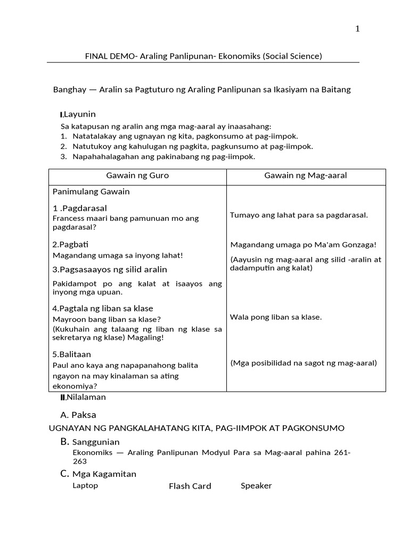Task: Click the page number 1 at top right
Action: pyautogui.click(x=358, y=29)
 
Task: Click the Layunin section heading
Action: pyautogui.click(x=79, y=114)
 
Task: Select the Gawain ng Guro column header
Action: pyautogui.click(x=137, y=176)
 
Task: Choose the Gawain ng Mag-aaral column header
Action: pyautogui.click(x=305, y=176)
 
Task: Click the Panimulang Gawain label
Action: pyautogui.click(x=91, y=192)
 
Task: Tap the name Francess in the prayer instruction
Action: pyautogui.click(x=68, y=218)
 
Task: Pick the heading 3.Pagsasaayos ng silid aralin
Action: pyautogui.click(x=110, y=269)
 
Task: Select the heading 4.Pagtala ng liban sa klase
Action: pyautogui.click(x=103, y=309)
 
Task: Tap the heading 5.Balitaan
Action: pyautogui.click(x=72, y=354)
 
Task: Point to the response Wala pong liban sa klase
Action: pyautogui.click(x=276, y=317)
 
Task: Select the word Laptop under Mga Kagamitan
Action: pyautogui.click(x=85, y=485)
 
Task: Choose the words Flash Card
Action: pyautogui.click(x=190, y=486)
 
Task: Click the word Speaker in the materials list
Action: pyautogui.click(x=256, y=485)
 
